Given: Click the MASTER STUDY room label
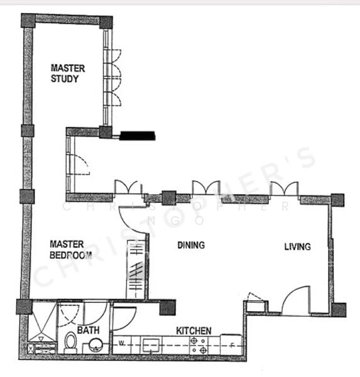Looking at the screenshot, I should [x=68, y=73].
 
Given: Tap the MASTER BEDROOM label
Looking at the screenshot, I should [x=70, y=249].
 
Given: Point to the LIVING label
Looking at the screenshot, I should [x=297, y=247].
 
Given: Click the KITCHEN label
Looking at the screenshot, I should [x=194, y=331].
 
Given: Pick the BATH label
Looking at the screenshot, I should [x=89, y=330].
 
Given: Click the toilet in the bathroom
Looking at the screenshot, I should [x=70, y=343].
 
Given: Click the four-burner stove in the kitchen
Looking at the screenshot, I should [x=201, y=344].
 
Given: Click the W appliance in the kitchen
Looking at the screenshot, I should [x=121, y=344].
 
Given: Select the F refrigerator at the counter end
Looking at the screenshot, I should [x=232, y=344].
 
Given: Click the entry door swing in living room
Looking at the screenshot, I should [x=295, y=300].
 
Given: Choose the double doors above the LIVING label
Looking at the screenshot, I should [x=284, y=189].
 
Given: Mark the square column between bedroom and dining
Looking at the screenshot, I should [x=168, y=199].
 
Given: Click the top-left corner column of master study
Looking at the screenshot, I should [x=28, y=20].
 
